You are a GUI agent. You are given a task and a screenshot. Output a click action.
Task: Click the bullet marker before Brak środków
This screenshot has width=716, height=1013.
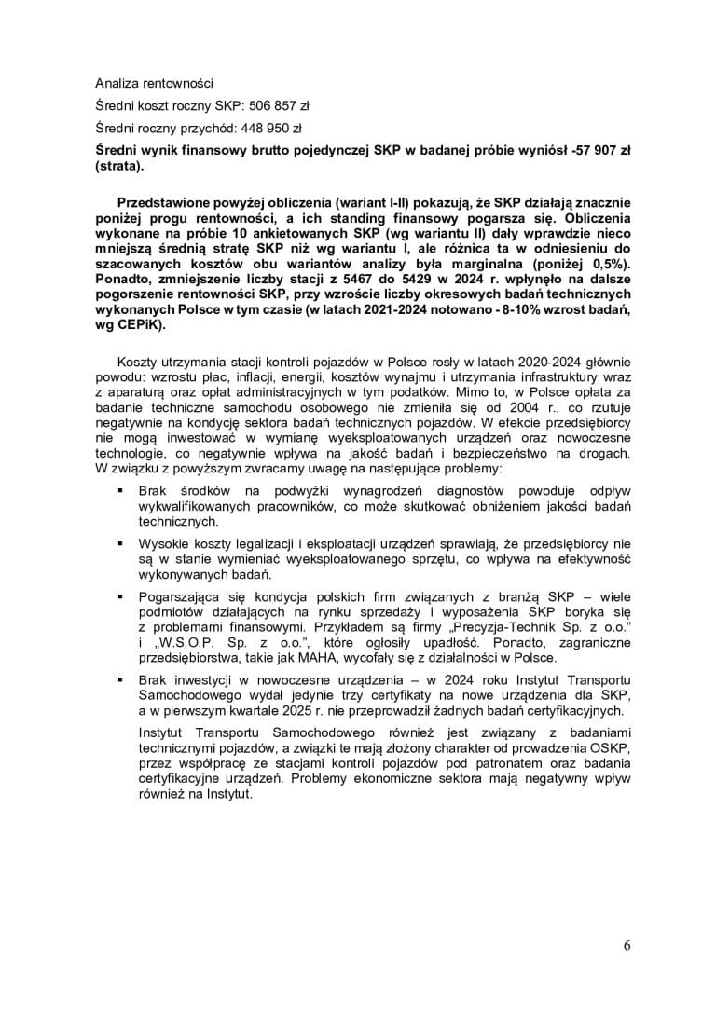coord(119,489)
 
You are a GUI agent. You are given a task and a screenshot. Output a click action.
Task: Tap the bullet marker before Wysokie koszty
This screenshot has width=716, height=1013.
coord(119,541)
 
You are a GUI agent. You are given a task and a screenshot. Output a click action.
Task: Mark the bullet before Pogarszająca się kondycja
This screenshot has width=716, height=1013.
coord(119,594)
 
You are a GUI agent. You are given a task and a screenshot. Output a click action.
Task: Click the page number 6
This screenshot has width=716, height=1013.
coord(626,946)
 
